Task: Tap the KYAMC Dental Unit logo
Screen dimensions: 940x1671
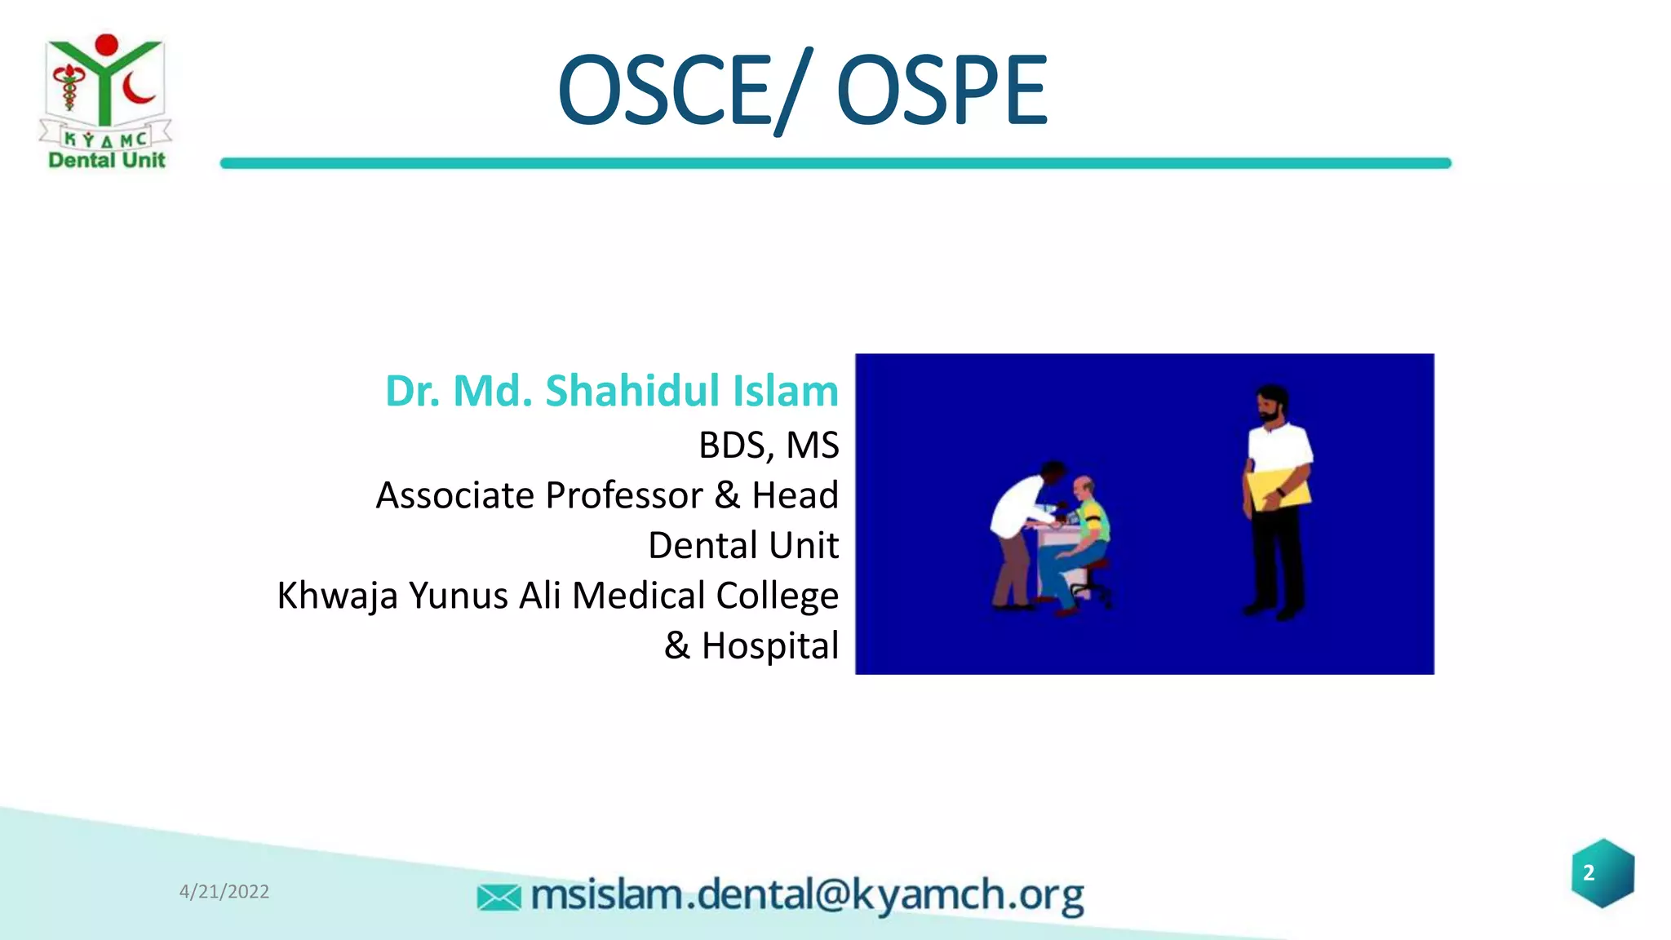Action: point(106,102)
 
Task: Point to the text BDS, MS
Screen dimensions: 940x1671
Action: point(768,446)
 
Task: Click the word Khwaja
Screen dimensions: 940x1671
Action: point(337,596)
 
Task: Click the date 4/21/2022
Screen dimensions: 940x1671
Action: point(224,892)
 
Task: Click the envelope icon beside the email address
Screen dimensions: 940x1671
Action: point(499,898)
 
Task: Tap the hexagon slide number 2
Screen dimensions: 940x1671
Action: point(1602,873)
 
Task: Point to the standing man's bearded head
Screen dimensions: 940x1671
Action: point(1271,404)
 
